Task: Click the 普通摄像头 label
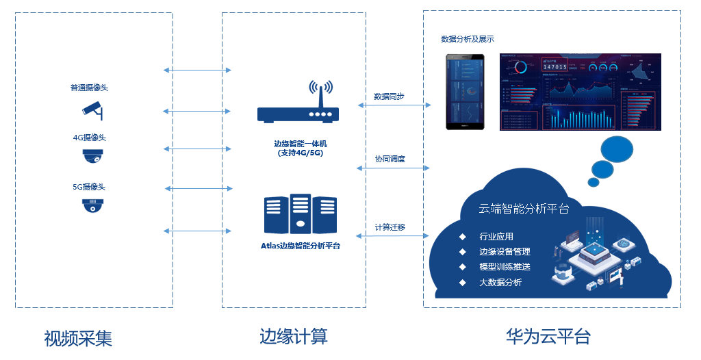89,88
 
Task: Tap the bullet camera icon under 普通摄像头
92,109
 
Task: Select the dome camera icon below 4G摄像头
92,157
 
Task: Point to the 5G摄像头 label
89,186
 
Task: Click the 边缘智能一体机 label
301,144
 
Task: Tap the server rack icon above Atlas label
300,214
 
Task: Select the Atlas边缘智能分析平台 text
301,245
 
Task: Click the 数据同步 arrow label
389,97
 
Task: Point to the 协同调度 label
390,159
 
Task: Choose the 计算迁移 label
389,227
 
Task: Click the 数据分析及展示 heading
468,39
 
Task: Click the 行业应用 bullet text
496,237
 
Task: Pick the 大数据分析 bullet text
500,282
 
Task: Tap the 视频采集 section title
78,338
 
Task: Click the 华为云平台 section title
548,336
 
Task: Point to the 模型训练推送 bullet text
505,267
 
